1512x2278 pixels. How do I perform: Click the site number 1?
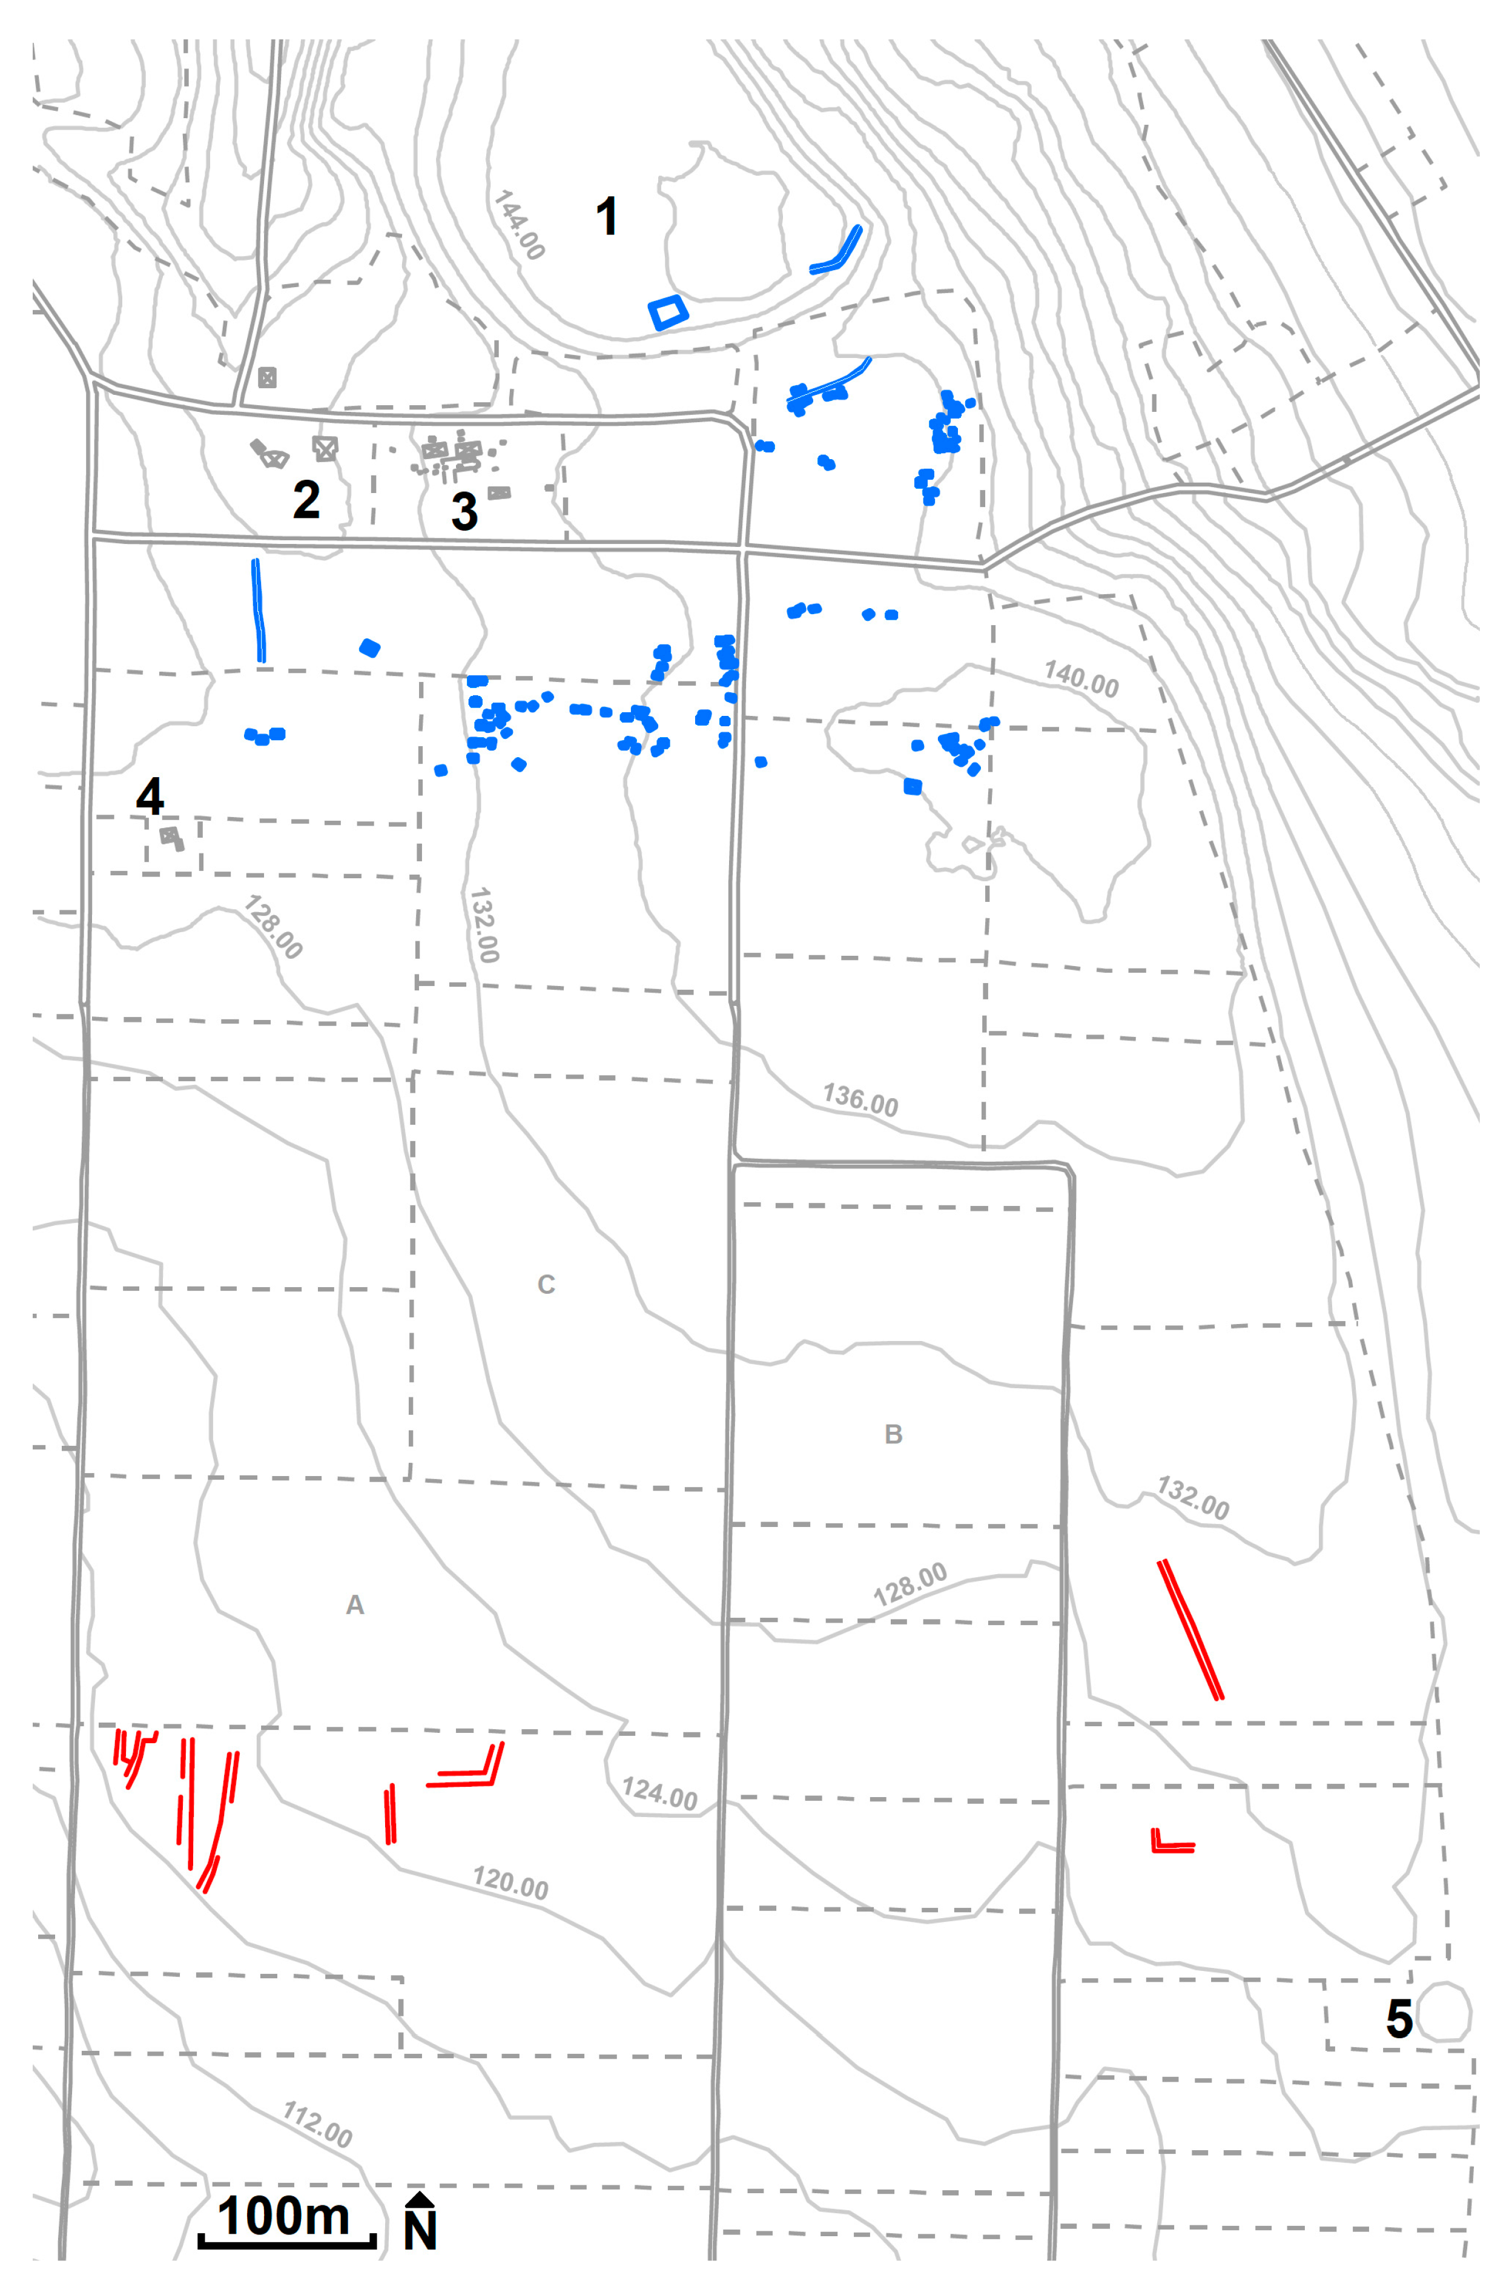[x=607, y=216]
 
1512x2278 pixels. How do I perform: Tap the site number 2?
[x=306, y=500]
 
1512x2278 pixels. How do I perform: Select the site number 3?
[x=465, y=511]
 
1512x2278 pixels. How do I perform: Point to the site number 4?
[x=150, y=796]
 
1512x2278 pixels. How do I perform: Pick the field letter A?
[x=355, y=1605]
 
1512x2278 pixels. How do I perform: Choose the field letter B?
[x=893, y=1434]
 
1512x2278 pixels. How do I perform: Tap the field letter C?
[x=546, y=1285]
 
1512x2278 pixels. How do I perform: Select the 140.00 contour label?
[x=1081, y=680]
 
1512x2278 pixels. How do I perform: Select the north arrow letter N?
[x=420, y=2230]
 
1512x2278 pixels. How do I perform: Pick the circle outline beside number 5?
[x=1444, y=2012]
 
